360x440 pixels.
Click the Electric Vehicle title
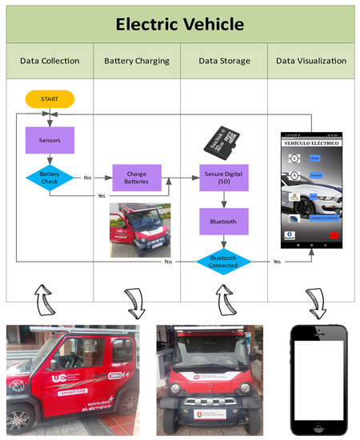179,24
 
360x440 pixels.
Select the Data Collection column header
50,62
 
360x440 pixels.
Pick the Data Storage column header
225,62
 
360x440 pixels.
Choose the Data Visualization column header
310,62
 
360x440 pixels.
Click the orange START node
50,99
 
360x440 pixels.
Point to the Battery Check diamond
50,178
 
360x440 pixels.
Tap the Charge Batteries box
138,178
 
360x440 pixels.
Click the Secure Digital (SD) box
225,178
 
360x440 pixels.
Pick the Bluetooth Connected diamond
225,261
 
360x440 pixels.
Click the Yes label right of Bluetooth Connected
277,261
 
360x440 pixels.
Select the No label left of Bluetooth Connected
168,261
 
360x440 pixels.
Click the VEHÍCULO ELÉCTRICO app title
310,142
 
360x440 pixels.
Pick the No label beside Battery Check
87,178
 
